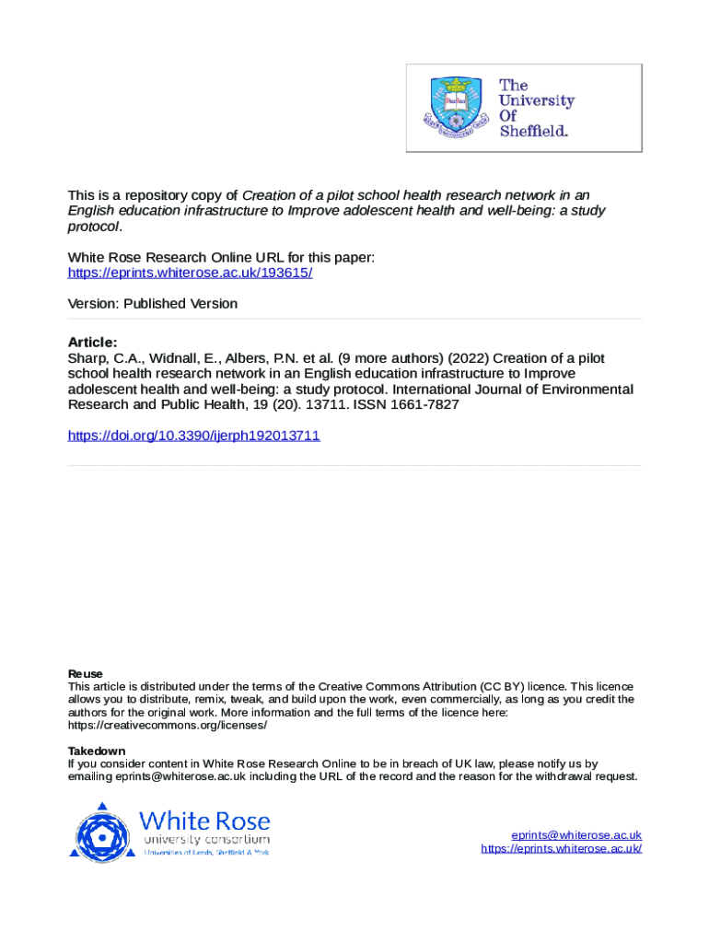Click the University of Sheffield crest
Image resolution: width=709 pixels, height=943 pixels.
point(455,108)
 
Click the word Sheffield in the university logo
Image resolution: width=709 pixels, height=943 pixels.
point(533,131)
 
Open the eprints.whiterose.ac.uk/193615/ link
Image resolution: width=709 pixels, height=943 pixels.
point(191,274)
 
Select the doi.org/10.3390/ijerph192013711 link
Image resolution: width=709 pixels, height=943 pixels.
point(194,435)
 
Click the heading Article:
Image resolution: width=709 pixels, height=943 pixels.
point(93,342)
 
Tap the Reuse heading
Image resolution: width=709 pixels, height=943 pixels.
point(86,673)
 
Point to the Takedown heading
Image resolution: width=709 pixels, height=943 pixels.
point(97,751)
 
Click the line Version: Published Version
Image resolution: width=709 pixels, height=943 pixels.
point(153,304)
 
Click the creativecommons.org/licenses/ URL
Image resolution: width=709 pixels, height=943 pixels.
point(168,725)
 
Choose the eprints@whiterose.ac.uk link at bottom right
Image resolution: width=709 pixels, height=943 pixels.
point(576,835)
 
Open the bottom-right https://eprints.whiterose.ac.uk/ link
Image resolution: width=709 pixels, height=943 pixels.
point(561,848)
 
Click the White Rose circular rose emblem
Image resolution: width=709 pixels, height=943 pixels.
point(102,832)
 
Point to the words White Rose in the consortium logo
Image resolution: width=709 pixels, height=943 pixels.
point(204,820)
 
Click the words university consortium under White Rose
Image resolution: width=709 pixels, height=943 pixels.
point(205,840)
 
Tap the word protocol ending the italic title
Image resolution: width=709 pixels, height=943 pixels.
point(93,227)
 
